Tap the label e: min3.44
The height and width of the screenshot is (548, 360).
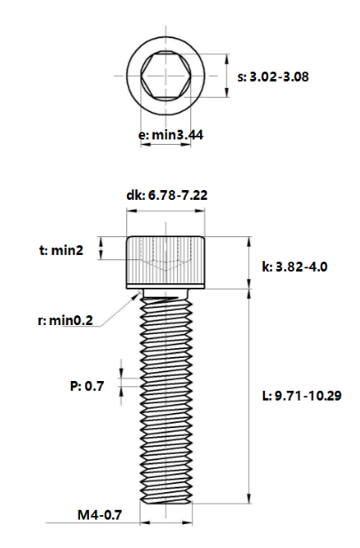coord(167,134)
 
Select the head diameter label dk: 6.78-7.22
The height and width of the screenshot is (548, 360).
coord(167,195)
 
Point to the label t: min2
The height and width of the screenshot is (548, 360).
coord(61,251)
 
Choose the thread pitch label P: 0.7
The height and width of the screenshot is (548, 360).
coord(87,385)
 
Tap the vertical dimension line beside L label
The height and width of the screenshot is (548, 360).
coord(248,395)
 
